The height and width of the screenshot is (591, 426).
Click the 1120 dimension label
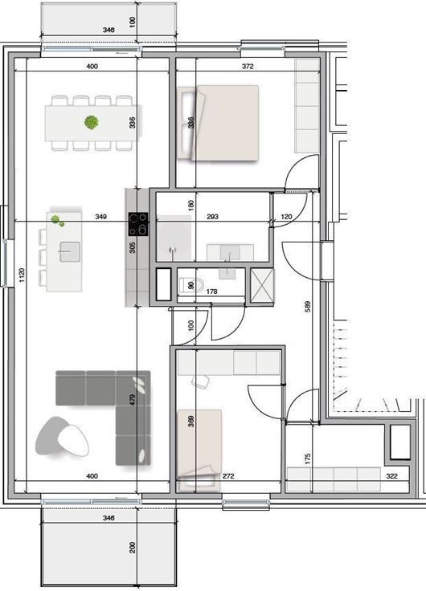coord(22,275)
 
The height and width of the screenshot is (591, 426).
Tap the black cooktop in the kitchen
coord(138,224)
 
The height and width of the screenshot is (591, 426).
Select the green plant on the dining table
coord(92,122)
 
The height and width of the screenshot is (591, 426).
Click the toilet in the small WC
coord(191,285)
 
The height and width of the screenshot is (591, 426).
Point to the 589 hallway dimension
coord(308,306)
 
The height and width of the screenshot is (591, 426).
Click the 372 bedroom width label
coord(248,67)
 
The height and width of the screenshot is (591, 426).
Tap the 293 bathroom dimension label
coord(213,217)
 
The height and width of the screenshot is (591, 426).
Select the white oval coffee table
coord(73,440)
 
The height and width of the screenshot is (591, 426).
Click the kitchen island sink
coord(69,252)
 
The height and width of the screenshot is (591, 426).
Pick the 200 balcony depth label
coord(132,548)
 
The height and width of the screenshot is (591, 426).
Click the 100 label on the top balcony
coord(132,21)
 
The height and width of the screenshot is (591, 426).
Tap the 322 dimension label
coord(392,476)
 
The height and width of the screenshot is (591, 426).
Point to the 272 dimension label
coord(228,476)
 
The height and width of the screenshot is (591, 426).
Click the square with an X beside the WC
coord(262,285)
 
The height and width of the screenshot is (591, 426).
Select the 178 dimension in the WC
coord(212,291)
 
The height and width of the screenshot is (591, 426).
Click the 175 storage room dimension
coord(308,459)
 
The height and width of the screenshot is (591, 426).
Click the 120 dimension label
coord(287,217)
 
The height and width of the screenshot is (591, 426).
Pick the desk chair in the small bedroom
coord(201,381)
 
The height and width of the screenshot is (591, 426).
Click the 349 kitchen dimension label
coord(100,217)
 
